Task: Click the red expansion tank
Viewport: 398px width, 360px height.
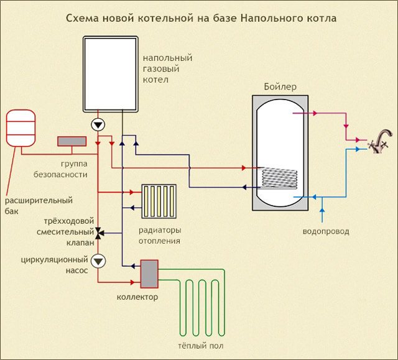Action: (20, 127)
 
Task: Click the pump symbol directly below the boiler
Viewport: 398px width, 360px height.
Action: (98, 124)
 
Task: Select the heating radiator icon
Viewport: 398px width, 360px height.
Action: (160, 200)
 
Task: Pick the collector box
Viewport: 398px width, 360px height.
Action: (149, 274)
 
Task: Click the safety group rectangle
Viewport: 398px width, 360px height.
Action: (72, 142)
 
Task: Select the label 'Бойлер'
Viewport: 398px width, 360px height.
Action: (279, 86)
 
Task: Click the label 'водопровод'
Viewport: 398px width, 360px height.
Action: (325, 231)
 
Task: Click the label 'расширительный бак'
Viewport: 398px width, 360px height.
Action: (39, 206)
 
